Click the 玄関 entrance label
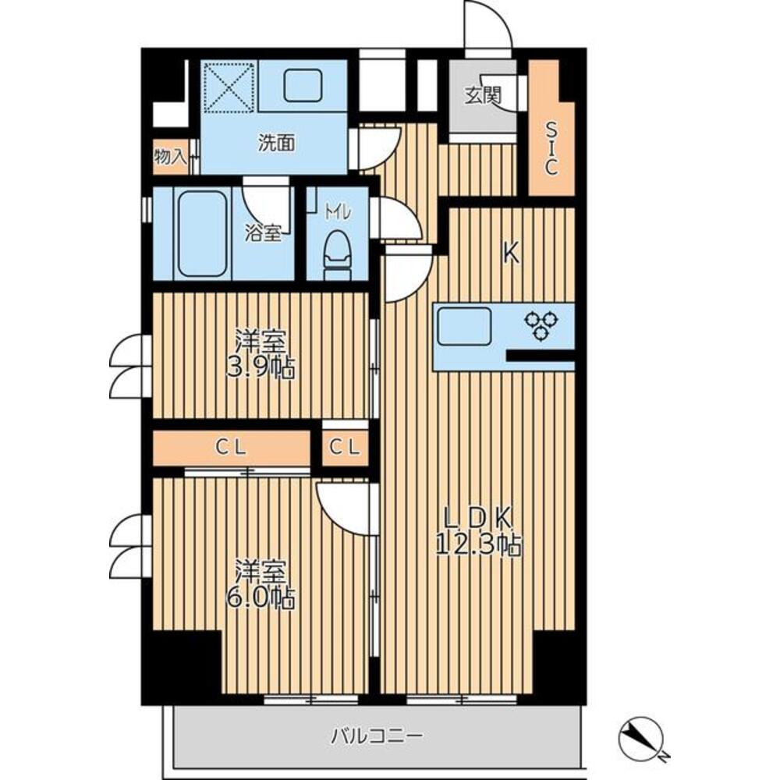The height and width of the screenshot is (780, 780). click(483, 94)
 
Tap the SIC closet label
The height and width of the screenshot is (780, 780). click(551, 149)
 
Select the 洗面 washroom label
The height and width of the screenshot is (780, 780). click(276, 144)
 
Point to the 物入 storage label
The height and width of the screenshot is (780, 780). click(169, 157)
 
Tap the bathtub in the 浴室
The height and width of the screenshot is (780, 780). click(202, 234)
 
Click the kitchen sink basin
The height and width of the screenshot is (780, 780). click(464, 326)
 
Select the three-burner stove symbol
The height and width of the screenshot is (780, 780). click(541, 324)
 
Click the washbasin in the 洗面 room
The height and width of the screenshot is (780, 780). click(303, 85)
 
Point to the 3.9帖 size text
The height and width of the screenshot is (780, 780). click(261, 369)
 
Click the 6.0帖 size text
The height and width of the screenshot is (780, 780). click(261, 598)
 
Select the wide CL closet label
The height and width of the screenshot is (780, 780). click(230, 448)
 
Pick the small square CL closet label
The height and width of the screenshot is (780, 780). click(344, 448)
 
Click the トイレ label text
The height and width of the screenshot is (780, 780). click(338, 213)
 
